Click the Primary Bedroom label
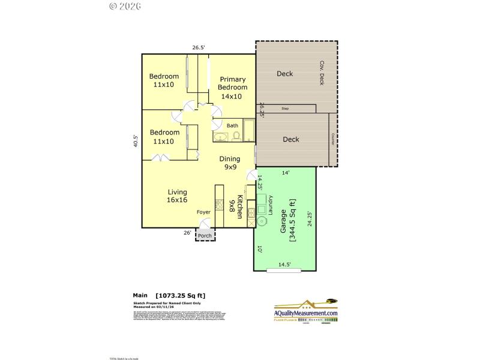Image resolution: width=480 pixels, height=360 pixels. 232,88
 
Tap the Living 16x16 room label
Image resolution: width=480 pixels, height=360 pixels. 178,196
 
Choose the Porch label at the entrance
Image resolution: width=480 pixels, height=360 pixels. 205,235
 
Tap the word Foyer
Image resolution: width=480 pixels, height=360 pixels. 204,212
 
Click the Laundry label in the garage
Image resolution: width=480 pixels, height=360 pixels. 271,205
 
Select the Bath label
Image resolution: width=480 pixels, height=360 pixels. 232,125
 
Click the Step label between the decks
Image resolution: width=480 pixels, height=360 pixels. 285,109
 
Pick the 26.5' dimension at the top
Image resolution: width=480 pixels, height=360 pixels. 199,47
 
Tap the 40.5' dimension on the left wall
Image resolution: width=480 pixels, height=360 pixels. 136,141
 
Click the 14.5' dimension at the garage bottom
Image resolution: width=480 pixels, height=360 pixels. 285,265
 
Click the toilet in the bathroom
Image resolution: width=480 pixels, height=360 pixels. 236,137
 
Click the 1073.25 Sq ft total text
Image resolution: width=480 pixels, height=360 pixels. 184,296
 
